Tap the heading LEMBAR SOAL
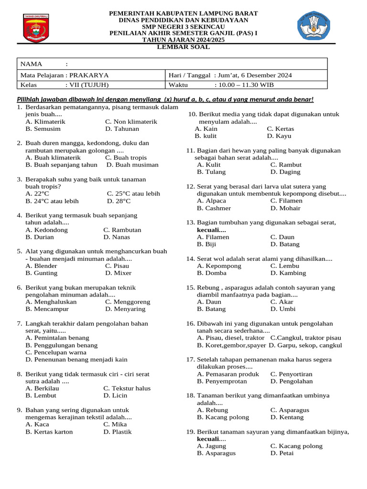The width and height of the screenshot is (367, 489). [x=183, y=47]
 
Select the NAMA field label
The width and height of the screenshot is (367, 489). [x=31, y=64]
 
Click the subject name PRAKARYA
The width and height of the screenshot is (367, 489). [x=89, y=75]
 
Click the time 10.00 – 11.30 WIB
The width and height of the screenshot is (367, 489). [x=246, y=85]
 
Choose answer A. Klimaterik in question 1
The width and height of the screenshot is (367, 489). [x=45, y=122]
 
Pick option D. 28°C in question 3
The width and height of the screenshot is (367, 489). [x=123, y=201]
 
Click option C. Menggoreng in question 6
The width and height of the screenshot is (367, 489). [x=128, y=302]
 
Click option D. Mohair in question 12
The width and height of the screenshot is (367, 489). [x=285, y=208]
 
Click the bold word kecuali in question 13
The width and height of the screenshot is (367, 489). [x=211, y=230]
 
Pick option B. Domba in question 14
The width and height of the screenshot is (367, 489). [x=212, y=273]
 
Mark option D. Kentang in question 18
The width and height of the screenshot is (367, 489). [x=287, y=417]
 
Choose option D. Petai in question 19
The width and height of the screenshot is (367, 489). [x=282, y=453]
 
